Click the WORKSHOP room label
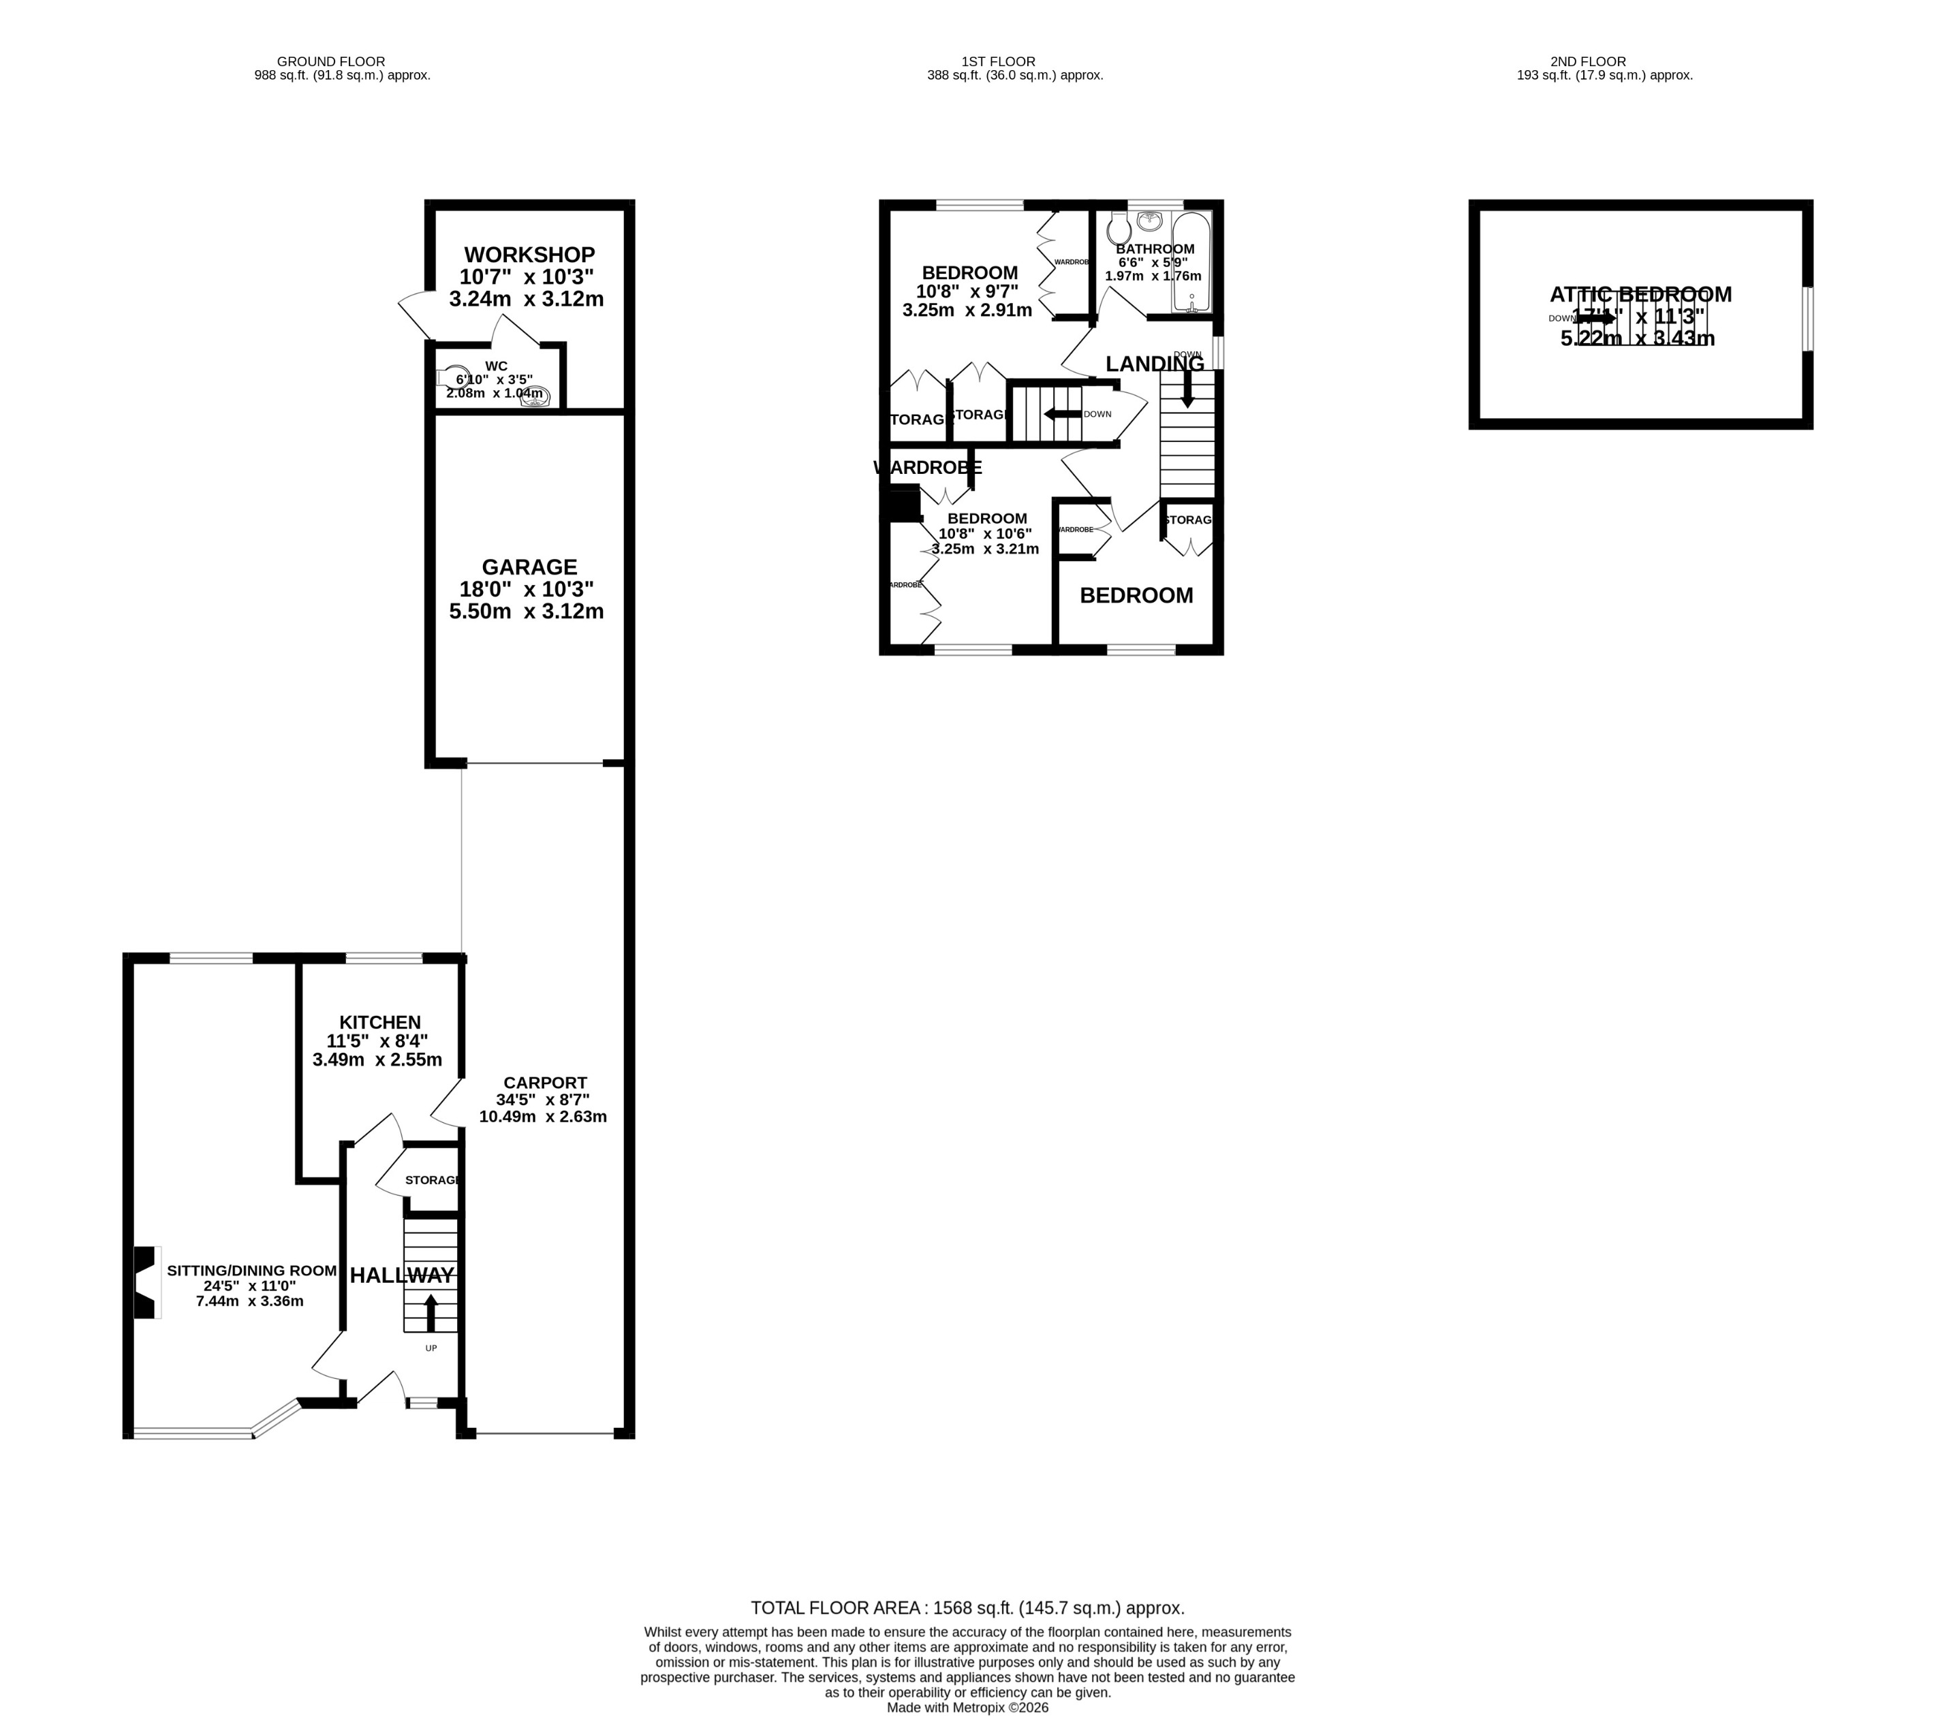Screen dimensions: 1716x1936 point(529,255)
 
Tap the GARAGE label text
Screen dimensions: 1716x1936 point(529,567)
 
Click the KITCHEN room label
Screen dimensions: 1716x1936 point(380,1023)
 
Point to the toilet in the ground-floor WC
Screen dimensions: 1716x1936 point(453,377)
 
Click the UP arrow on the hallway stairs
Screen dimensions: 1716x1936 point(431,1313)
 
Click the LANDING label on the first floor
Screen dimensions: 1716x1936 point(1155,364)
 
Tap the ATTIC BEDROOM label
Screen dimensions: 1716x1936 point(1640,295)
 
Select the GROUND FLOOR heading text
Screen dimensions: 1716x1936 point(330,61)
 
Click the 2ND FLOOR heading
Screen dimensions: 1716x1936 point(1587,61)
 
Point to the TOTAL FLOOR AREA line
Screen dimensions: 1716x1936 point(967,1608)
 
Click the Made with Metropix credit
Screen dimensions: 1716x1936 point(967,1707)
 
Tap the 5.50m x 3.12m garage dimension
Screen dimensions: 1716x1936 point(526,611)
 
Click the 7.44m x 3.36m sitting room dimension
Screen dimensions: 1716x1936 point(249,1301)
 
